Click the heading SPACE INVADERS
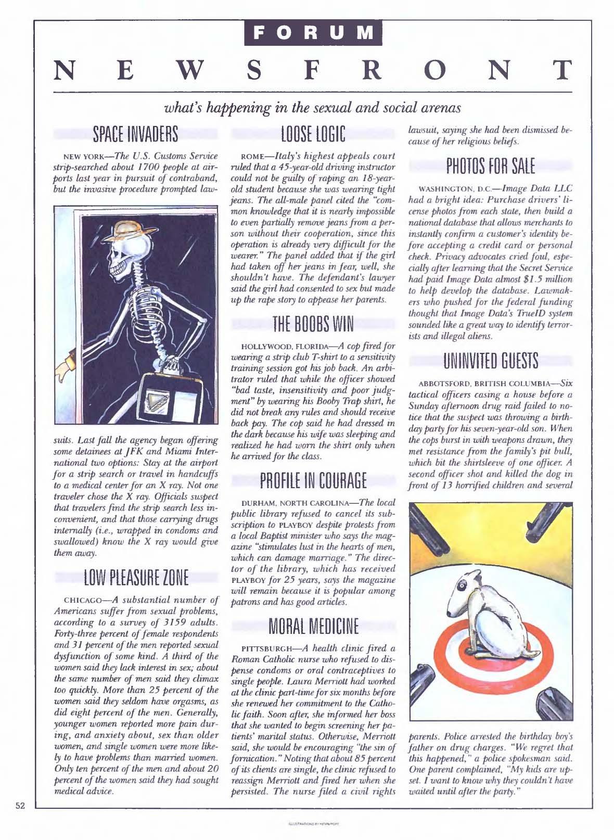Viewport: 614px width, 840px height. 135,134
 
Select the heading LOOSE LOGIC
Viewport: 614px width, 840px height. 313,134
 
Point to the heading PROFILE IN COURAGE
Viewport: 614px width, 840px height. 313,480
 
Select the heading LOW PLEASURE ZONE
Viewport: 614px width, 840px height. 135,578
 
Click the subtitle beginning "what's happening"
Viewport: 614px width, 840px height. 313,108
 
